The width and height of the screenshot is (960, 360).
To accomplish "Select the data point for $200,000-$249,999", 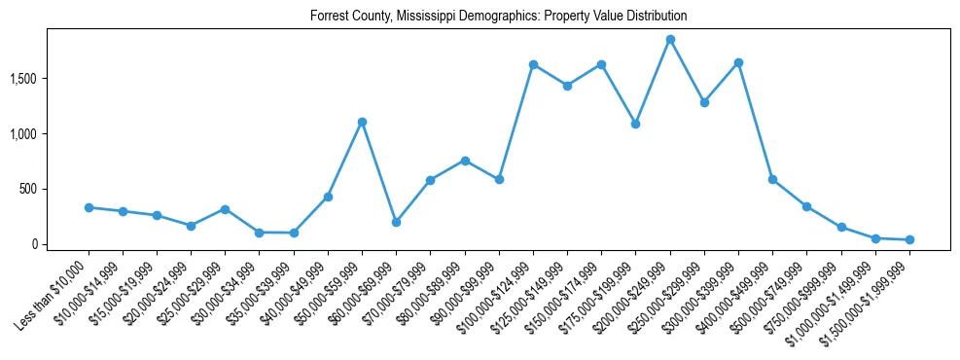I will [670, 40].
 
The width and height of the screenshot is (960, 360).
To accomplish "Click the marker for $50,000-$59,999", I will [362, 122].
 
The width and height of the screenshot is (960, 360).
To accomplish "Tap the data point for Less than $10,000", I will [89, 207].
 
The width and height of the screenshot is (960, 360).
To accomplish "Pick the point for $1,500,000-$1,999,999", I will [909, 239].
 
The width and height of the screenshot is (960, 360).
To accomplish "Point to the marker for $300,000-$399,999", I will [738, 62].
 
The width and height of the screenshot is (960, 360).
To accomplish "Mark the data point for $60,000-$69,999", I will [396, 222].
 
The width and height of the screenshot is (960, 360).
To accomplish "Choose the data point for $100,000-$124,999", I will [533, 64].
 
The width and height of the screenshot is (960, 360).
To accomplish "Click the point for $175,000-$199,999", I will [635, 124].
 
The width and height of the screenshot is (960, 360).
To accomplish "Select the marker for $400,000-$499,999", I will [772, 179].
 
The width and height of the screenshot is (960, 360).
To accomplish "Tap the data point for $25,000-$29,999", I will [225, 209].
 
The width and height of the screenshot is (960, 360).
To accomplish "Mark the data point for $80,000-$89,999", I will [465, 161].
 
